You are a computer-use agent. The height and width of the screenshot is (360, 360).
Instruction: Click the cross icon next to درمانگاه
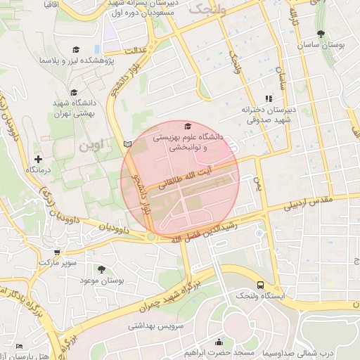(38, 160)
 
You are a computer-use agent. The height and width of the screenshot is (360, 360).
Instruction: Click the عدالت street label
(134, 51)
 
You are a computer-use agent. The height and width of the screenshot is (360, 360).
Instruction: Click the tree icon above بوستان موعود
(103, 269)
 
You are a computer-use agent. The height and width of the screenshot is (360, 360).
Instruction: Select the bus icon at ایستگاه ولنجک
(261, 285)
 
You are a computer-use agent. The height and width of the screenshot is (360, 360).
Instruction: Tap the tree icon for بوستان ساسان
(321, 33)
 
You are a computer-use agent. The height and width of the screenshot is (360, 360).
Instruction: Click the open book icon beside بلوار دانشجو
(127, 143)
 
